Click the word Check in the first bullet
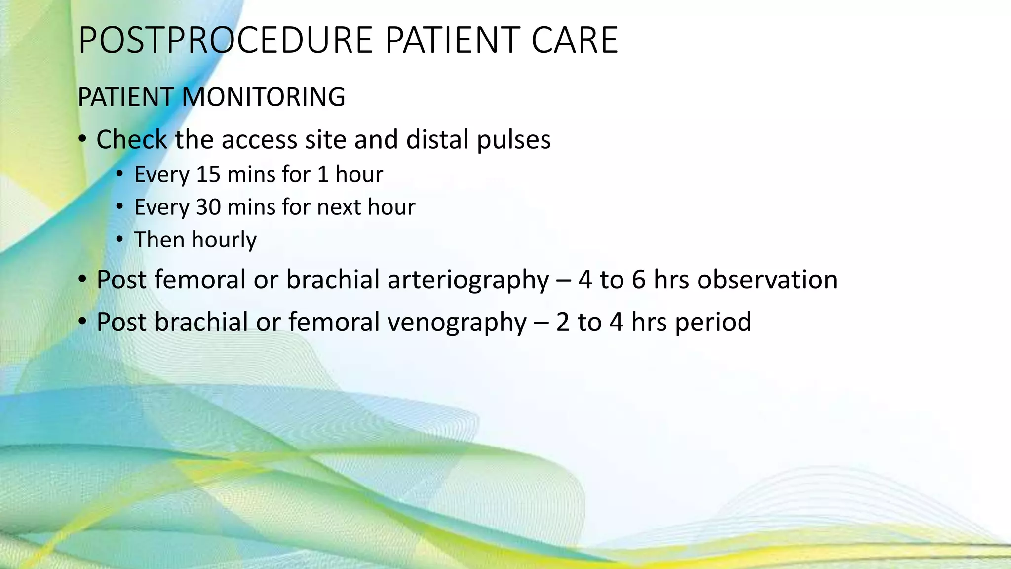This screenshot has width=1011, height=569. [131, 140]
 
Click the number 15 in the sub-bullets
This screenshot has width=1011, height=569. [208, 175]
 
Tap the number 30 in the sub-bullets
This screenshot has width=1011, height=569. [208, 207]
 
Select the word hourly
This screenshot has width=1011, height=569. [224, 240]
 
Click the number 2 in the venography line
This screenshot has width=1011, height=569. [563, 323]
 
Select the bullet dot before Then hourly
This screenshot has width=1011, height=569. [120, 240]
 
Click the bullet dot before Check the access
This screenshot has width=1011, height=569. [82, 140]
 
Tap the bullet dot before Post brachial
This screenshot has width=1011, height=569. [82, 323]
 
